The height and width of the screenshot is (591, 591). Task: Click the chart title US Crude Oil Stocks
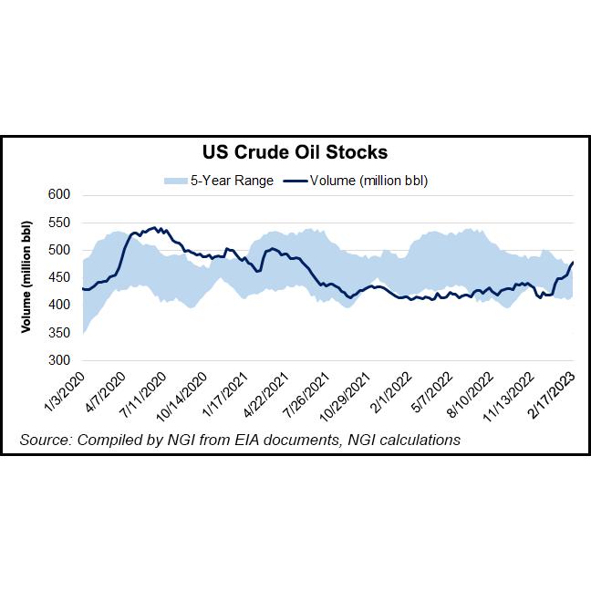point(295,152)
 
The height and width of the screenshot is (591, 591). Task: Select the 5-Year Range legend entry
point(232,181)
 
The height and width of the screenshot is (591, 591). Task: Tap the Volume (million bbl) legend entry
point(368,181)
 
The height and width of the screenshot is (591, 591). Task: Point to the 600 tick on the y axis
point(58,194)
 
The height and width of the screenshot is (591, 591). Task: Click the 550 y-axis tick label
point(58,223)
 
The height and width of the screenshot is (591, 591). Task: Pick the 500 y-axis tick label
point(58,250)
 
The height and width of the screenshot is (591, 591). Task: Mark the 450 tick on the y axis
point(58,277)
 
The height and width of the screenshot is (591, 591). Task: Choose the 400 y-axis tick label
point(58,306)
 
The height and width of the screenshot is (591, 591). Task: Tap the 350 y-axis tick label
point(58,333)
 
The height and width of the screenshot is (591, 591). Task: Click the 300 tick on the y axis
point(58,360)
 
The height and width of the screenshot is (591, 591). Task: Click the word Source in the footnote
point(47,441)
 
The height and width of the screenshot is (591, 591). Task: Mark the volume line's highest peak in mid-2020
point(157,227)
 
